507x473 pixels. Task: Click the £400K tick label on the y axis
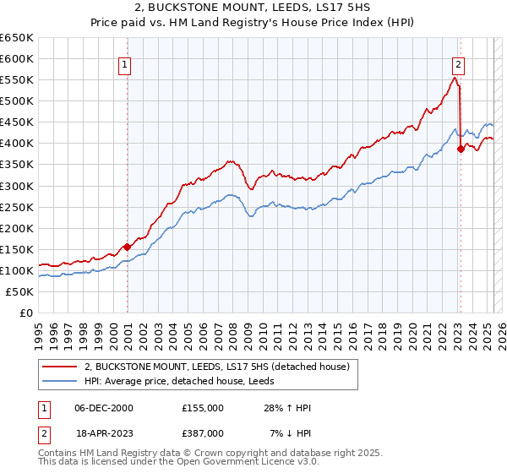17,143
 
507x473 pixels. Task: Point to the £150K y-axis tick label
17,249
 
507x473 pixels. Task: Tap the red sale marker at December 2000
127,247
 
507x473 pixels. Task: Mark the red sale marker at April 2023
461,149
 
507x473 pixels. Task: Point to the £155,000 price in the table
202,408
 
